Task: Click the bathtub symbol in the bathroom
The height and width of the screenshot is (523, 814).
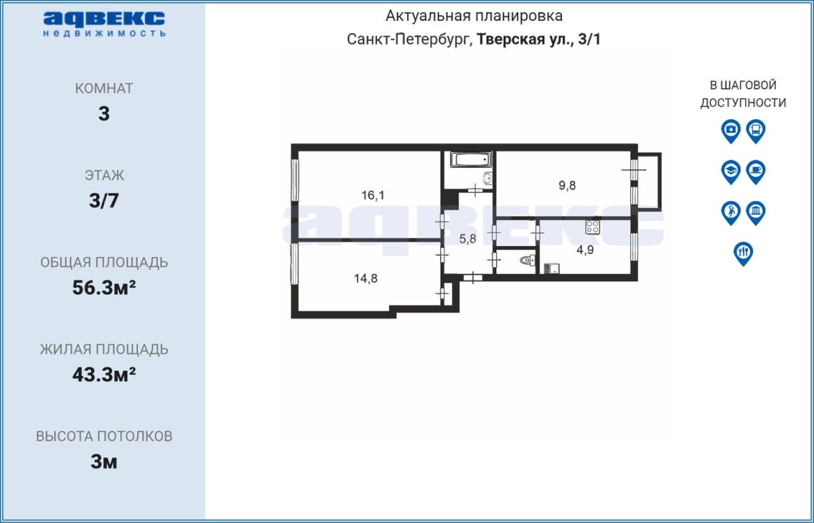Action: [x=471, y=160]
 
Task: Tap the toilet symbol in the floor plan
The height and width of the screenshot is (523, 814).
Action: [x=527, y=260]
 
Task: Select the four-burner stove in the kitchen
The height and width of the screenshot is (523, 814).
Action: [x=592, y=227]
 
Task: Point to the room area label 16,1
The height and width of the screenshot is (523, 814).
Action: [x=373, y=195]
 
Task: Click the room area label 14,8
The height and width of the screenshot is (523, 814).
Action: [x=366, y=278]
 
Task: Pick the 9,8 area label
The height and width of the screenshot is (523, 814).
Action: [x=567, y=186]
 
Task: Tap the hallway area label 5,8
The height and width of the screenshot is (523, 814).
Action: [x=467, y=239]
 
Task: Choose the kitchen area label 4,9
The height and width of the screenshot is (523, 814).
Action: [x=585, y=249]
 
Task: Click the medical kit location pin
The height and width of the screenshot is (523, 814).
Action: [x=731, y=131]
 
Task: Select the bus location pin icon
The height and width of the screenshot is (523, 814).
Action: [x=756, y=131]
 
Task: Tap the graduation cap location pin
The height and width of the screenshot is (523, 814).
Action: [x=731, y=172]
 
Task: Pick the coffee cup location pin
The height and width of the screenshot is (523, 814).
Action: [x=756, y=172]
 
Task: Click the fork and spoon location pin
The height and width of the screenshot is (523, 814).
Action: [x=743, y=254]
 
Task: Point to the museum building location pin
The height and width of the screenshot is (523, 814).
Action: [x=756, y=213]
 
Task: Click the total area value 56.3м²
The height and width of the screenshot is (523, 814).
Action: [x=104, y=288]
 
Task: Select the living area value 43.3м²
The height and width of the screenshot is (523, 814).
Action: [x=104, y=374]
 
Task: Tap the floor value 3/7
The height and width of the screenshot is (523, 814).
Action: [x=104, y=200]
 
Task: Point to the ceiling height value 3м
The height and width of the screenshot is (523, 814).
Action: [x=104, y=461]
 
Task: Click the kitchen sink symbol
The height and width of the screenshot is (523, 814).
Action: [x=551, y=268]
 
